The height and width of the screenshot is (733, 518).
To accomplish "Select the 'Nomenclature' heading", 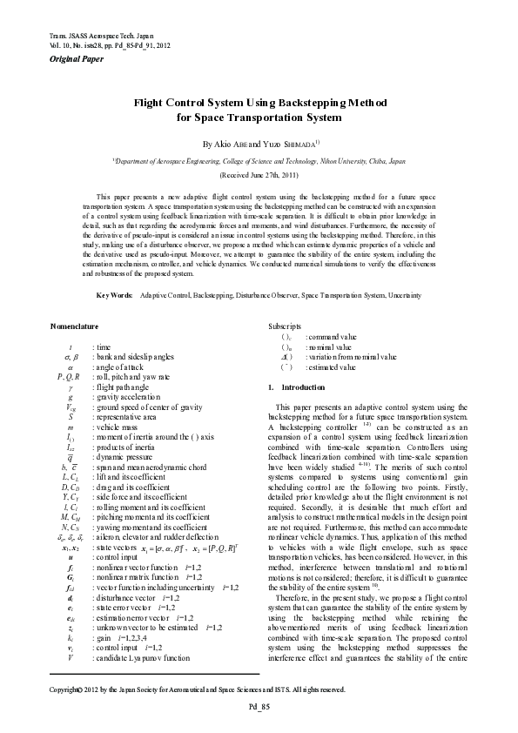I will [77, 327].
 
